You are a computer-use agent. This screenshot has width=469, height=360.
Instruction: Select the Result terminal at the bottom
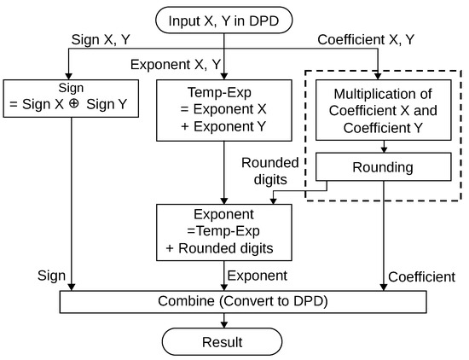[223, 342]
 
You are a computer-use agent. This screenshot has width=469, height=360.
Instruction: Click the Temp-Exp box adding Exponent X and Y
[223, 110]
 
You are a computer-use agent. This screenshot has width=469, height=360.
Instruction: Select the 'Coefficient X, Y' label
[367, 40]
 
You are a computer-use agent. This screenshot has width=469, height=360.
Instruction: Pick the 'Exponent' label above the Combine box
[258, 276]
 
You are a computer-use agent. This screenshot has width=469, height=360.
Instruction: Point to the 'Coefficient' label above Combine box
[421, 276]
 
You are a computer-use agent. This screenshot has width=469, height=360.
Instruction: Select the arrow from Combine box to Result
[223, 321]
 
